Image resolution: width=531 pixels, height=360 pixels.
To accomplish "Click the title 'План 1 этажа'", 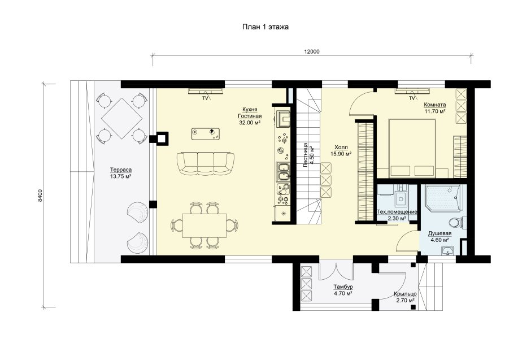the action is coord(265,27).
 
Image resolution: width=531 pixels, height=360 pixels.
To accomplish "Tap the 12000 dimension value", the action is coord(312,52).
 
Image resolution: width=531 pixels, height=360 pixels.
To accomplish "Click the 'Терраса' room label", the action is coord(120,170).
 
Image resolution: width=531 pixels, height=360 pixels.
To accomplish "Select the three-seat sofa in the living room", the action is coord(205,163).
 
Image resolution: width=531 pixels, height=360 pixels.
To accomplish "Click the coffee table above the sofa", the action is coord(205,134).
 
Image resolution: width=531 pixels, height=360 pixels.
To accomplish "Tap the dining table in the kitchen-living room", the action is coord(204,225).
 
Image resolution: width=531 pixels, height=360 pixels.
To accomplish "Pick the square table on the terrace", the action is coord(122,119).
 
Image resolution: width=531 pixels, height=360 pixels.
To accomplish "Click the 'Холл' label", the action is coord(341,148).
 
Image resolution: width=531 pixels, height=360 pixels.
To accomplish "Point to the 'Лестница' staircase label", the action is coord(305,155).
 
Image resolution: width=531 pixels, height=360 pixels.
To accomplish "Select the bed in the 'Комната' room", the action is coord(412,148).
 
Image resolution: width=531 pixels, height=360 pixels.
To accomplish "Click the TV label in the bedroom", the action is coord(411,98).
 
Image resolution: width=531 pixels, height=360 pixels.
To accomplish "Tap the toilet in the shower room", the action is coord(455,223).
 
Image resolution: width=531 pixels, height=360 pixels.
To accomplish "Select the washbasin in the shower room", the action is coord(449,250).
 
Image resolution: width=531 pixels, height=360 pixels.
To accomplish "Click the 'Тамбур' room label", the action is coord(343,287).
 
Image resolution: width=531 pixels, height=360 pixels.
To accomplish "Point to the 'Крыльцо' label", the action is coord(405,294).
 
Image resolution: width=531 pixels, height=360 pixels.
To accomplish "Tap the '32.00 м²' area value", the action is coord(250,123).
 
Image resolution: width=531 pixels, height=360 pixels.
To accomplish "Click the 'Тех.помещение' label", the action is coord(397,212).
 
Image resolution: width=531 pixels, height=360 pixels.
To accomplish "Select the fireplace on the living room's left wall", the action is coord(159,138).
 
